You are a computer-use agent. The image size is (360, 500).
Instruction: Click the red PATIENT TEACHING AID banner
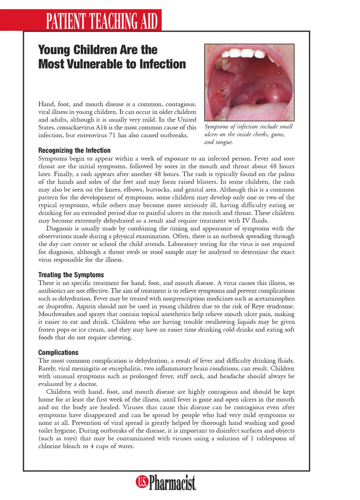(101, 21)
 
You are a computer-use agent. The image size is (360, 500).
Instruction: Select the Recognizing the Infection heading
(74, 150)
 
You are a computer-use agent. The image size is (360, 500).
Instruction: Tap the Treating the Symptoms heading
(71, 275)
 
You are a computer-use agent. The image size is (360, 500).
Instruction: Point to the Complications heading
(58, 353)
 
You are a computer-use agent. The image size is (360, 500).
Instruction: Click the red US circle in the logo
(142, 481)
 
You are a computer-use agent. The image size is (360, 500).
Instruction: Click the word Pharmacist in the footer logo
(172, 482)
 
